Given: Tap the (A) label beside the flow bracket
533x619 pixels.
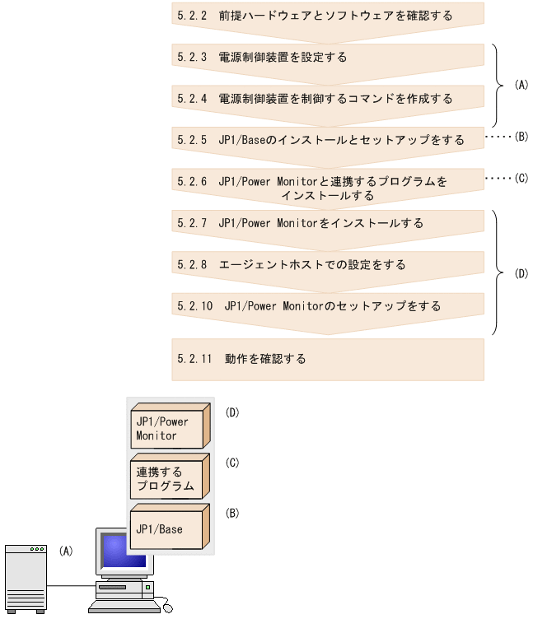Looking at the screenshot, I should pyautogui.click(x=520, y=85).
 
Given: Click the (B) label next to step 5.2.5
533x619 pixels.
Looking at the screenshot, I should pyautogui.click(x=520, y=137).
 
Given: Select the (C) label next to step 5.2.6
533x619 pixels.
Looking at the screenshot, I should pyautogui.click(x=520, y=177).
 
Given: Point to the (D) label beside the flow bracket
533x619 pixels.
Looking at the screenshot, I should pyautogui.click(x=520, y=272).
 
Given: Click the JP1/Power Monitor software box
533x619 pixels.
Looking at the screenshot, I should pyautogui.click(x=166, y=426).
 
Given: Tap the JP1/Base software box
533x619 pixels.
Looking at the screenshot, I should pyautogui.click(x=166, y=528).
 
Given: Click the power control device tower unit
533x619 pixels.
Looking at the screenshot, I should pyautogui.click(x=25, y=579).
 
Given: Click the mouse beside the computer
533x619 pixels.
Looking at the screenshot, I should pyautogui.click(x=168, y=608).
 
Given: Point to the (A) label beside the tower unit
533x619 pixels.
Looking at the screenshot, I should pyautogui.click(x=66, y=551).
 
